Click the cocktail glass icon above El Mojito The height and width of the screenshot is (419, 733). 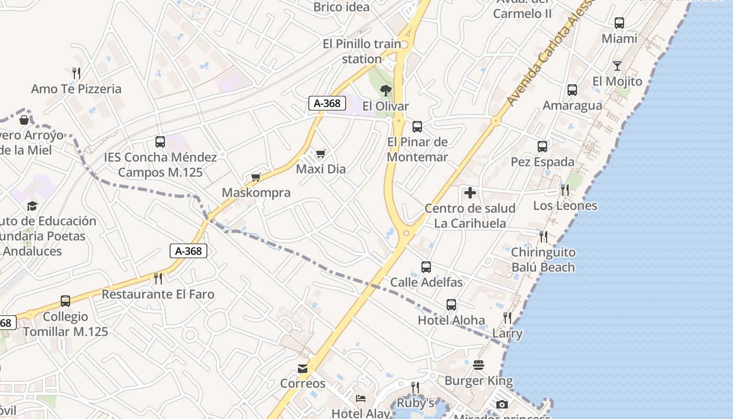click(617, 66)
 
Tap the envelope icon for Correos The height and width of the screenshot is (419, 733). click(303, 369)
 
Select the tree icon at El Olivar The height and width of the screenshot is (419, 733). click(386, 91)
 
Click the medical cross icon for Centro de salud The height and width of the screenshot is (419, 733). click(470, 193)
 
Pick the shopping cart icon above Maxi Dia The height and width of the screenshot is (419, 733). click(320, 154)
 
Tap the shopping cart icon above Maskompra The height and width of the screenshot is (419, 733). click(256, 178)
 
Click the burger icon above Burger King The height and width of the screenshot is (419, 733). click(479, 365)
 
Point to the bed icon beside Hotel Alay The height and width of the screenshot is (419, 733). click(361, 399)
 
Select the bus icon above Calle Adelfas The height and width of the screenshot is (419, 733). click(426, 267)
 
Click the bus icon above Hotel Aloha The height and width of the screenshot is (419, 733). click(451, 305)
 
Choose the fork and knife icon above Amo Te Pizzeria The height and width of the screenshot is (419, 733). click(76, 73)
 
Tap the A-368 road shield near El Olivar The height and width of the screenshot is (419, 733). click(327, 103)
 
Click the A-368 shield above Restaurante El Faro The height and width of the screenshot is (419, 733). click(188, 251)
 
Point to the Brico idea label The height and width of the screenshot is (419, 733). click(341, 7)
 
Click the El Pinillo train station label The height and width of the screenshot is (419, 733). click(362, 51)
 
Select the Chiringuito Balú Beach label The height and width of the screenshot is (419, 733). click(543, 260)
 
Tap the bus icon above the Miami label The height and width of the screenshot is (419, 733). click(619, 23)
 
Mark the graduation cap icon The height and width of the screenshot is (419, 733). click(32, 206)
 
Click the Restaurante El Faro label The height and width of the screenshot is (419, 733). click(158, 294)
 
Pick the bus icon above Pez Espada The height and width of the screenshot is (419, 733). click(542, 147)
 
